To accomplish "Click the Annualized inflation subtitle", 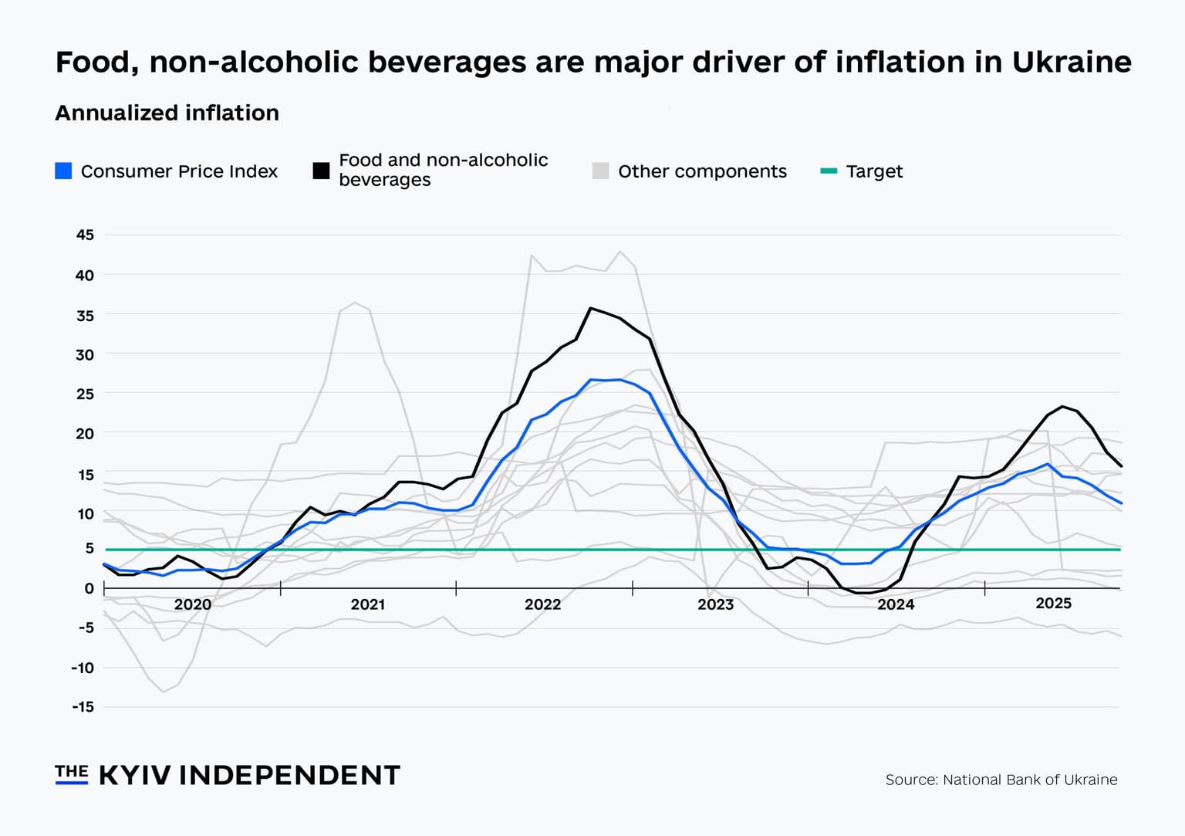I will click(167, 113).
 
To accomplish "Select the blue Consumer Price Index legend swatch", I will click(63, 171).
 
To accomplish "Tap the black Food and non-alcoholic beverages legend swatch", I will click(321, 171).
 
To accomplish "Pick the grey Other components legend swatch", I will click(600, 171).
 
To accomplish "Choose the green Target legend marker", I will click(829, 171).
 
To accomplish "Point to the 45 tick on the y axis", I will click(85, 235).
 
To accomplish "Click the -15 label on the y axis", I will click(83, 706).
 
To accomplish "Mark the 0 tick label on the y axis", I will click(89, 588).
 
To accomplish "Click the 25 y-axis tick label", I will click(85, 394).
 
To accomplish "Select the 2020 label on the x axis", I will click(192, 604).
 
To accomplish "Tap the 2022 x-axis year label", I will click(542, 604).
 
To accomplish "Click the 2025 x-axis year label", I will click(1053, 603).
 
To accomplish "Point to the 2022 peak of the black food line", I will click(590, 308).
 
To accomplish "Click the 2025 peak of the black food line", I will click(1062, 406).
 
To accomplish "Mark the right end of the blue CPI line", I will click(1120, 503).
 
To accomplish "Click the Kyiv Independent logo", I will click(228, 775).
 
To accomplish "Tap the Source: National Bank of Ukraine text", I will click(1001, 780).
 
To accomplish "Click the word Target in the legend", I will click(874, 171).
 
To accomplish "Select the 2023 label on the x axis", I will click(715, 604).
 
